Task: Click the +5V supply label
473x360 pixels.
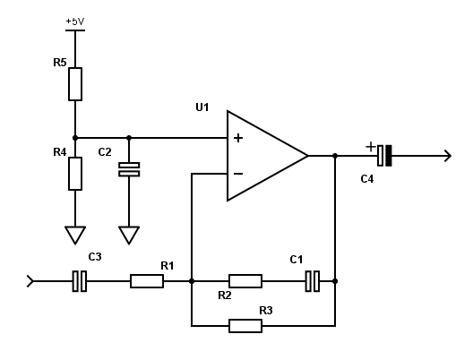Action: [75, 21]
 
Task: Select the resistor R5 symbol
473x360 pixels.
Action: [75, 84]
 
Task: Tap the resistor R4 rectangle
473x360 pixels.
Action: [75, 174]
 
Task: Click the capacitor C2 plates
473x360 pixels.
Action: [129, 169]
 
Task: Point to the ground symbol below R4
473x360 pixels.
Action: [75, 235]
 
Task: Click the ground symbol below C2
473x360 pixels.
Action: [129, 235]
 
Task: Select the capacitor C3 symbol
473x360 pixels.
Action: [80, 281]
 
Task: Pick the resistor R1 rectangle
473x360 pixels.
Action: [147, 281]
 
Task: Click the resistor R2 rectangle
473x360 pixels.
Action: [245, 281]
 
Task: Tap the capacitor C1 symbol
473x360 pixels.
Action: [313, 281]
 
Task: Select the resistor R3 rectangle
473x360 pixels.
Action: [245, 326]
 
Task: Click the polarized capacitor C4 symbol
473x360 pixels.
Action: [384, 156]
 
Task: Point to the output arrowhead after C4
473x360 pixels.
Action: [448, 156]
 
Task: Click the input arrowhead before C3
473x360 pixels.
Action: [30, 281]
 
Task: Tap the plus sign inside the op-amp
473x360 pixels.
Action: [238, 138]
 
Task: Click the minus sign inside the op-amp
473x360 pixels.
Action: [238, 174]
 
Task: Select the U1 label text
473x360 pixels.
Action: [202, 107]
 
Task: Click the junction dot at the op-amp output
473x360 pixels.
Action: [335, 156]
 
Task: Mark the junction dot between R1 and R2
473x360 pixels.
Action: [192, 281]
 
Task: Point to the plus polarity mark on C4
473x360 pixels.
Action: [371, 147]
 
